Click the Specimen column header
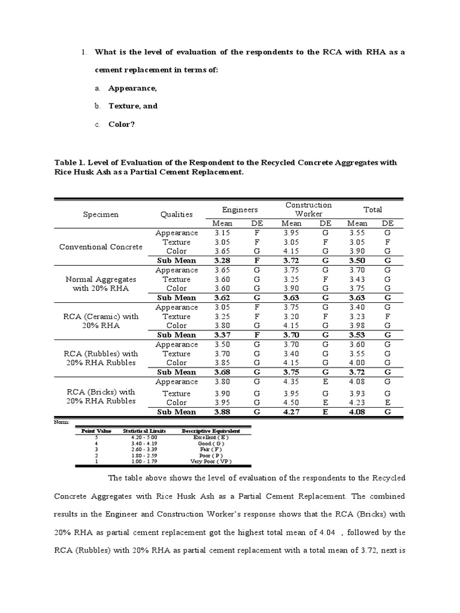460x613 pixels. pyautogui.click(x=101, y=214)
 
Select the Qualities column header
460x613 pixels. pyautogui.click(x=177, y=214)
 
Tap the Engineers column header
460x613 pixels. pyautogui.click(x=240, y=210)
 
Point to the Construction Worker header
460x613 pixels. pyautogui.click(x=308, y=210)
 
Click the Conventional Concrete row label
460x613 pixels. pyautogui.click(x=101, y=247)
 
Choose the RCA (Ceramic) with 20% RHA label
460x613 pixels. pyautogui.click(x=101, y=321)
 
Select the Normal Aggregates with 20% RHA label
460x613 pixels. pyautogui.click(x=101, y=284)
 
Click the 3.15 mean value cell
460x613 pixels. pyautogui.click(x=222, y=233)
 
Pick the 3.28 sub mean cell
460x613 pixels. pyautogui.click(x=222, y=260)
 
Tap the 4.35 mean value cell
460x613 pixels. pyautogui.click(x=292, y=381)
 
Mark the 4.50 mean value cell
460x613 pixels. pyautogui.click(x=292, y=402)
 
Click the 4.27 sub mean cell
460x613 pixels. pyautogui.click(x=292, y=412)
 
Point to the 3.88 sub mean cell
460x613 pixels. pyautogui.click(x=222, y=412)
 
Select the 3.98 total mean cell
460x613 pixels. pyautogui.click(x=358, y=326)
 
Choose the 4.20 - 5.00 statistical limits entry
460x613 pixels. pyautogui.click(x=143, y=438)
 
